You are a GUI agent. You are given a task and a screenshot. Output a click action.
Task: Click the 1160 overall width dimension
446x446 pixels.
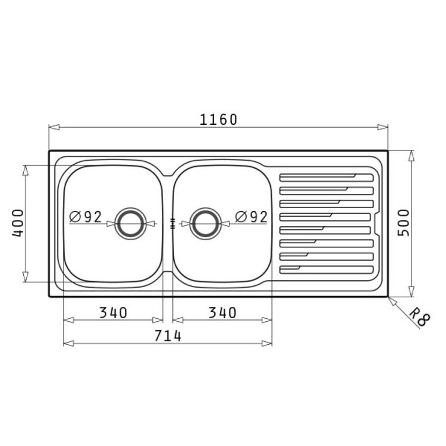click(x=218, y=120)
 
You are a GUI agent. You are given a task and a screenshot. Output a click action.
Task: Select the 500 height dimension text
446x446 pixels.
click(x=404, y=223)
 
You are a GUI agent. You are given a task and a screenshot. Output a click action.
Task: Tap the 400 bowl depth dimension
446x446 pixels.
click(x=18, y=223)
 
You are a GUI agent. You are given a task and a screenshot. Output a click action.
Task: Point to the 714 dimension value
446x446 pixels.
click(x=168, y=336)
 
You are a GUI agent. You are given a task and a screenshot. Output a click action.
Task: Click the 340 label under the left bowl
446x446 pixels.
click(x=113, y=313)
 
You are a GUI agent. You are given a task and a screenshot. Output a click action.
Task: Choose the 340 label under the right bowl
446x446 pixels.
click(x=222, y=313)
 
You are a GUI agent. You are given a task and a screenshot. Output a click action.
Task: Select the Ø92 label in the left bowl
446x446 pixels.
click(x=85, y=217)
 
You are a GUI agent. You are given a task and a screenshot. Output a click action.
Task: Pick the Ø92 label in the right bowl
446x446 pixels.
click(x=252, y=217)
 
